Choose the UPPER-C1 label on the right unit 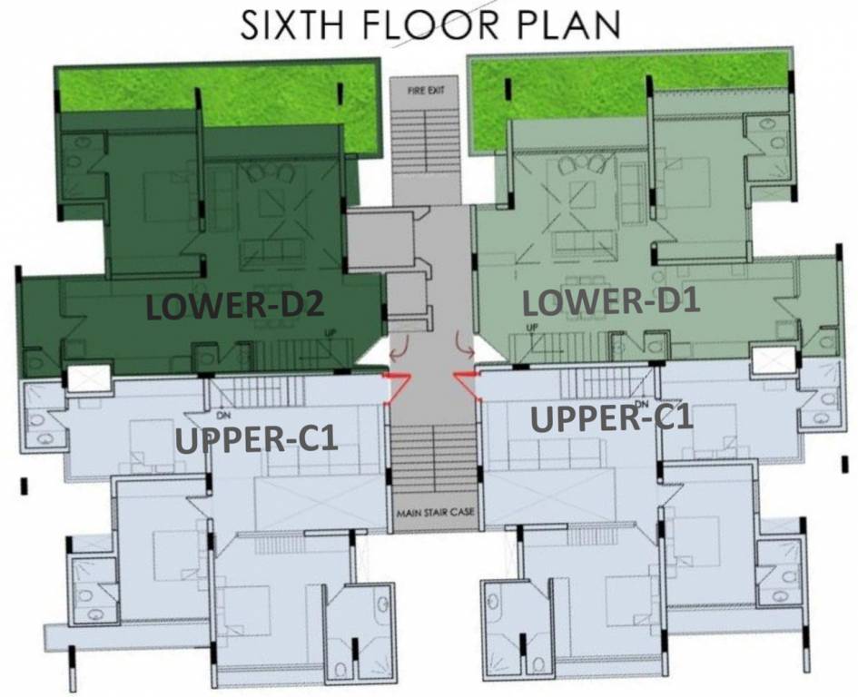[612, 420]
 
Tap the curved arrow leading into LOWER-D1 [464, 345]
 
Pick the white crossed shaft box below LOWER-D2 [89, 378]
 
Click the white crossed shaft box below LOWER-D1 [774, 360]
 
